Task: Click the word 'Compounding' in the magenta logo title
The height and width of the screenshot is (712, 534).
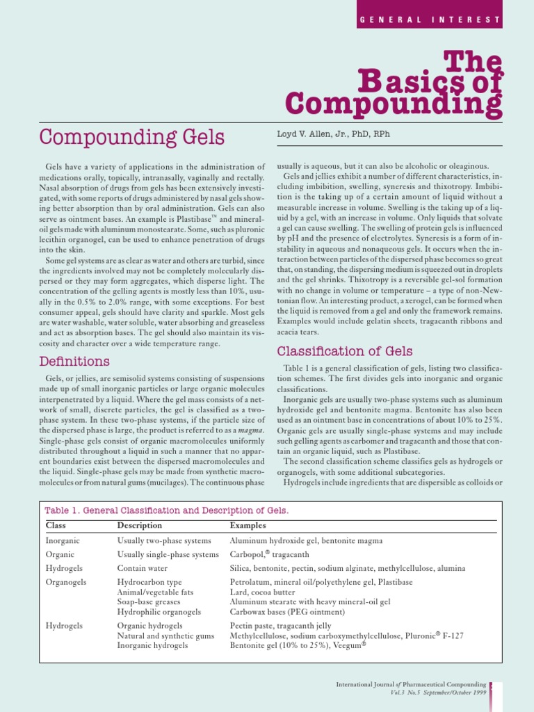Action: pos(394,104)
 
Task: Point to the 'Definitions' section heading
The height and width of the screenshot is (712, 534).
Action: pos(74,362)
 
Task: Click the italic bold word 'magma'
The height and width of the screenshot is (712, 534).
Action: pos(253,430)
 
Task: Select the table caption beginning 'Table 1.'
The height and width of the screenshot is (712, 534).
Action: pos(167,510)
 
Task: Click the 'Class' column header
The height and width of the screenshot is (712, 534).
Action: pos(56,526)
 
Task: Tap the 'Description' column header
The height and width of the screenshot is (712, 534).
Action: pos(140,526)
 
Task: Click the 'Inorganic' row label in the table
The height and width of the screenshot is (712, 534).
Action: pos(63,540)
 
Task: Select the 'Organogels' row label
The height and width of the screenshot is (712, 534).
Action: pos(66,582)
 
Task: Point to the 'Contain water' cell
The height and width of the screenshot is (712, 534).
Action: pos(142,568)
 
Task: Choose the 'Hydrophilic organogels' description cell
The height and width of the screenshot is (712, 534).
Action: pos(159,612)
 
